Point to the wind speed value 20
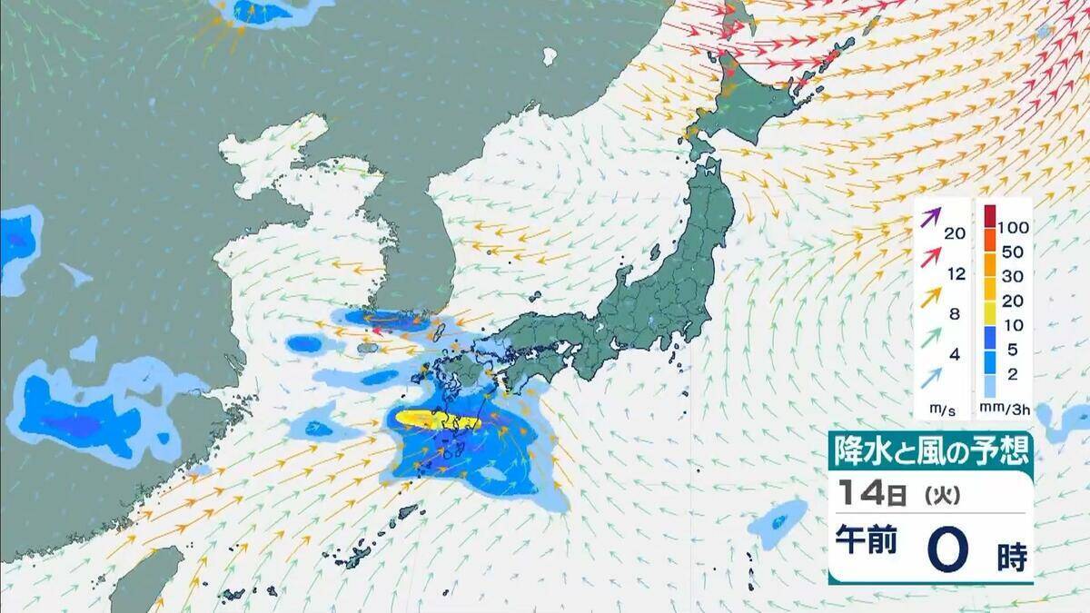click(954, 233)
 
